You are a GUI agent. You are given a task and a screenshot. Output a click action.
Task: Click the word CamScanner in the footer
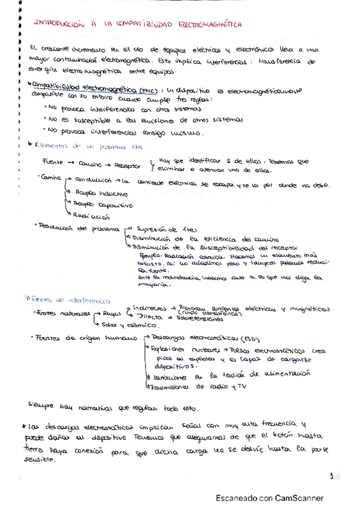299,498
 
